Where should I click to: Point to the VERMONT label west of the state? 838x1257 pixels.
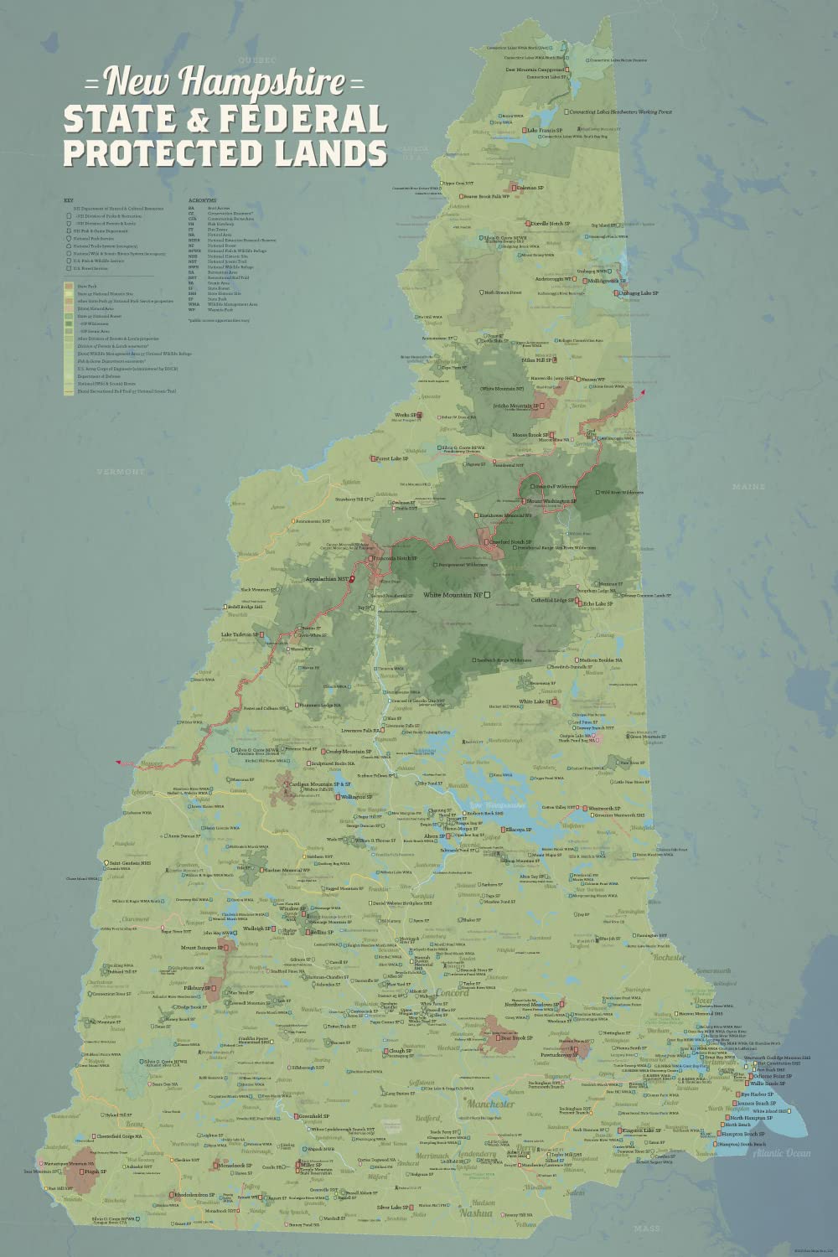122,472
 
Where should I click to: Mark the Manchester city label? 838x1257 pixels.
492,1104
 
